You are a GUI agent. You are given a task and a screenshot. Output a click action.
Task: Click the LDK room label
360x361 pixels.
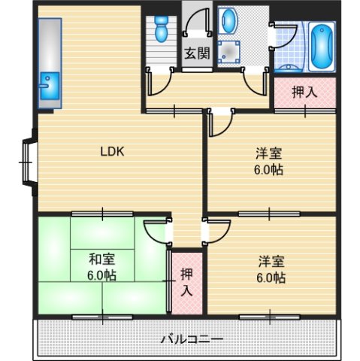(113, 150)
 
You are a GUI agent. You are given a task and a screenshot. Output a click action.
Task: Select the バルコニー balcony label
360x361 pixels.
(191, 339)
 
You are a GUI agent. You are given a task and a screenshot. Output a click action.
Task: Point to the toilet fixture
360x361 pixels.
(159, 31)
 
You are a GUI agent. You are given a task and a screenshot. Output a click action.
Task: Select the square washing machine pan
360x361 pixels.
(228, 50)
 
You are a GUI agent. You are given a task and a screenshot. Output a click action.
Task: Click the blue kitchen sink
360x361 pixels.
(48, 82)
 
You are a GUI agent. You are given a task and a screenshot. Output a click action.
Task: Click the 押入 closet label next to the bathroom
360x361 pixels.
(303, 92)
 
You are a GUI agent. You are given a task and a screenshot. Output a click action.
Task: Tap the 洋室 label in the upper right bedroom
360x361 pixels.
(268, 154)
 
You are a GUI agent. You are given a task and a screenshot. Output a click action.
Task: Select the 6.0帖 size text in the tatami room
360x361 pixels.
(101, 275)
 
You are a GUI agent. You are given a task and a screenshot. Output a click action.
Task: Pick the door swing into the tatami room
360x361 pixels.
(156, 232)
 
